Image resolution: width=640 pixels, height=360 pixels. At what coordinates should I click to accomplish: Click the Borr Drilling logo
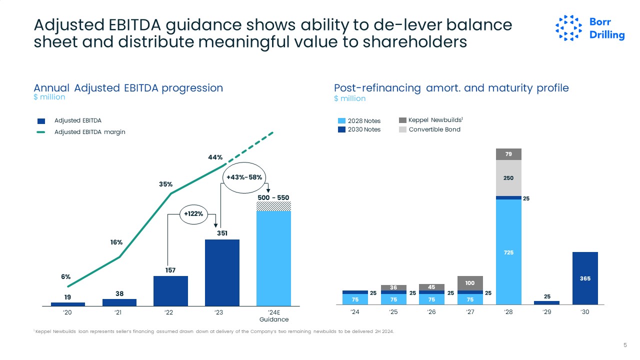coord(590,28)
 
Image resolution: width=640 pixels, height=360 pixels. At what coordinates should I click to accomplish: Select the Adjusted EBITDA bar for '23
coord(222,272)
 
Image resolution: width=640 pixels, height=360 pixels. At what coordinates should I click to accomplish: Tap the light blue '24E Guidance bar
coord(273,257)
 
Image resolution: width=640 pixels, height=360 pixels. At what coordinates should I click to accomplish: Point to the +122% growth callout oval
coord(194,214)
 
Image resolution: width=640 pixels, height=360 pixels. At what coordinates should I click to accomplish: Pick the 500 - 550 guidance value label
coord(273,197)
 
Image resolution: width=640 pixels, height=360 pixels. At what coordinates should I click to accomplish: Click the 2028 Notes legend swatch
coord(342,121)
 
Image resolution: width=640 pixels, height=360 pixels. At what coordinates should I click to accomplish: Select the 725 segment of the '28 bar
coord(508,252)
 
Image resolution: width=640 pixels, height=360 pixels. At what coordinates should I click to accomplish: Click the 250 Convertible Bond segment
coord(508,178)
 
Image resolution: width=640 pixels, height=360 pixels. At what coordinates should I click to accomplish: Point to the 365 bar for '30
coord(585,278)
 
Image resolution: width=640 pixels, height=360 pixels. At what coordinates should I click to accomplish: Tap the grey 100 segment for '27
coord(470,283)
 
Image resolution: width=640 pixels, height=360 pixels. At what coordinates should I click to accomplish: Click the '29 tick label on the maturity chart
coord(546,312)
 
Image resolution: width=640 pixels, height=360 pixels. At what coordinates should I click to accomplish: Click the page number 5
coord(625,345)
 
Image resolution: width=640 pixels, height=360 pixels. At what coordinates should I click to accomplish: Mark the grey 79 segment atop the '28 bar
coord(508,154)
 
